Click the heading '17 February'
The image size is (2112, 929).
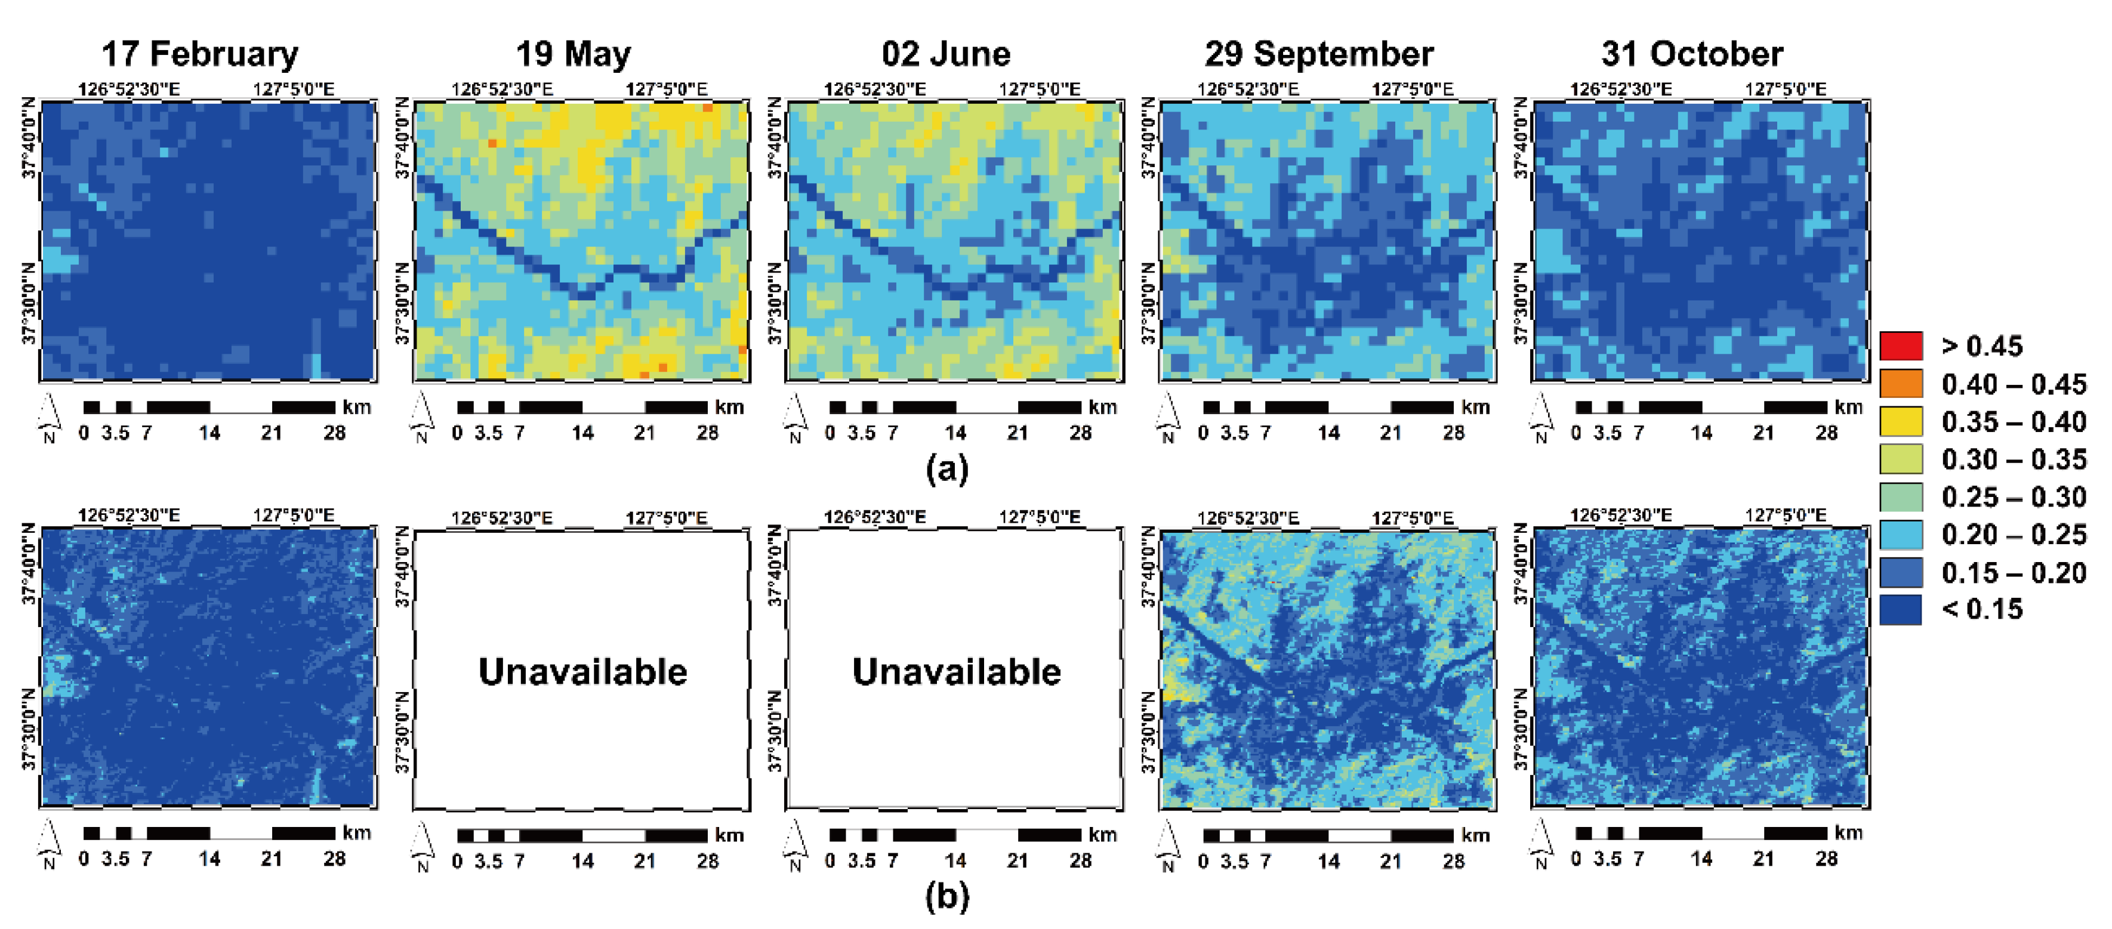point(199,54)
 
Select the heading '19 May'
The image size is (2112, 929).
point(573,54)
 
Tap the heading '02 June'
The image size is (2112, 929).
point(945,54)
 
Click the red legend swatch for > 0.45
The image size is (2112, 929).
point(1901,346)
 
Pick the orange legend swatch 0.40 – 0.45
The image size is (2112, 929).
point(1901,384)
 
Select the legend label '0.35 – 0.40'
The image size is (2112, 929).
point(2013,421)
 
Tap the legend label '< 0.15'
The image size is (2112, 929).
point(1982,609)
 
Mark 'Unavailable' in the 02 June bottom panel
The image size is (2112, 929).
point(956,671)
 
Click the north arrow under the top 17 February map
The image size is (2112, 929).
point(49,414)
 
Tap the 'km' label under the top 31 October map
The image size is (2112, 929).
point(1848,407)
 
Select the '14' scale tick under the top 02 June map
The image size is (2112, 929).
point(955,433)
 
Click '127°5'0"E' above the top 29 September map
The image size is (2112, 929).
point(1412,88)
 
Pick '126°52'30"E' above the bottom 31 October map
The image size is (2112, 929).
point(1620,516)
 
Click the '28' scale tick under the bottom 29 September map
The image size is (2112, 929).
point(1453,861)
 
